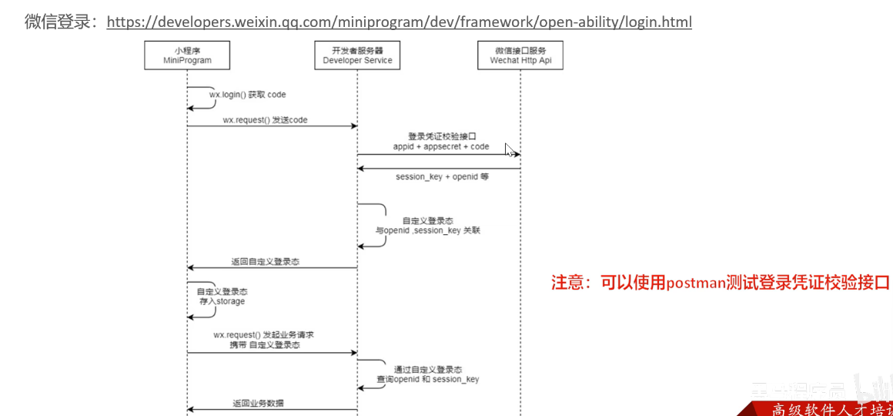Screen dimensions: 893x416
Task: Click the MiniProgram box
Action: point(187,55)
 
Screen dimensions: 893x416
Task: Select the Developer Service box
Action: point(357,55)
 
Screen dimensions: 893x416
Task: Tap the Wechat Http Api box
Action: point(520,55)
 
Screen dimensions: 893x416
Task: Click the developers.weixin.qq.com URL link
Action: point(399,22)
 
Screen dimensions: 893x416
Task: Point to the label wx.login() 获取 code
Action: point(247,94)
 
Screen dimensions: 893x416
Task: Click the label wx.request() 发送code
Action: point(265,120)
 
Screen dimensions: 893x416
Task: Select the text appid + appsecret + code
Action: point(441,146)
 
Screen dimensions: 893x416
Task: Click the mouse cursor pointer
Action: point(509,149)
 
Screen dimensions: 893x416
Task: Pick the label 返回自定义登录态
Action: point(266,262)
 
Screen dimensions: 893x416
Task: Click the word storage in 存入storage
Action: point(229,301)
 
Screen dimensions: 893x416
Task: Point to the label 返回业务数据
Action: point(258,403)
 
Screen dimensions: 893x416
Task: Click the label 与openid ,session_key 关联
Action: point(427,230)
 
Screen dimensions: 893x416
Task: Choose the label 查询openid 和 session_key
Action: point(428,379)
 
